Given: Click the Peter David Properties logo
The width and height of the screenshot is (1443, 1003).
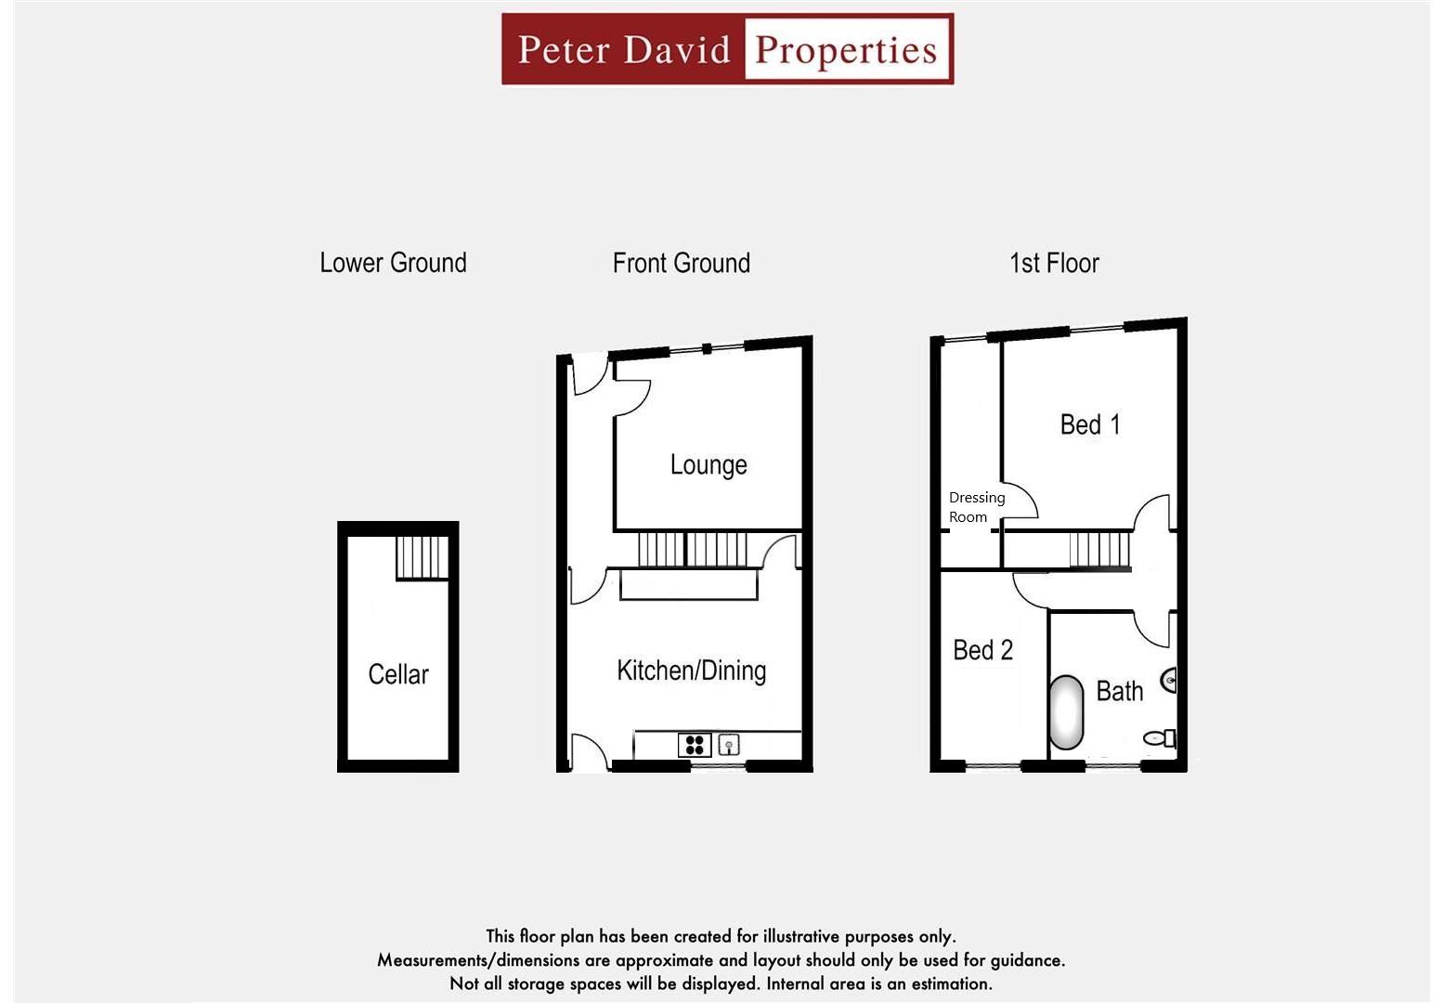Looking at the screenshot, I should pos(727,49).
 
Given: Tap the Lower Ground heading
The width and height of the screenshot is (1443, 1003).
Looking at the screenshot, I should pos(393,263).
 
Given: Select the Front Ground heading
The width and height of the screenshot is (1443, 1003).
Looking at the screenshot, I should pos(681,263).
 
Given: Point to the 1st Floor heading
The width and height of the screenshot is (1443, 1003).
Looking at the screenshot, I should pos(1054,263).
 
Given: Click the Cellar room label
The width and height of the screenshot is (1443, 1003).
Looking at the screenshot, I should pos(398,674).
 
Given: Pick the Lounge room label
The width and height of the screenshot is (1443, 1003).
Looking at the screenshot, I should pos(708,464).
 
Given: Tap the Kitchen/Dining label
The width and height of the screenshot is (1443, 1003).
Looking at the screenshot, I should pos(692,671).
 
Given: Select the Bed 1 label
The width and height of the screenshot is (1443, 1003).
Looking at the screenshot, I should pos(1090,424).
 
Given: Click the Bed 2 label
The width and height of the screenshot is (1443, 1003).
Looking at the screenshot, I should pos(982,650).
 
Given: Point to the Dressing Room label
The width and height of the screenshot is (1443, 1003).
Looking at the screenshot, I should pos(975,507).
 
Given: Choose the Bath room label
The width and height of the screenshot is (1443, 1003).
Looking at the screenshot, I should pos(1119,691).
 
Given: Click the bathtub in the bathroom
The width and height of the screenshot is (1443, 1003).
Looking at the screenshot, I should pos(1067,712).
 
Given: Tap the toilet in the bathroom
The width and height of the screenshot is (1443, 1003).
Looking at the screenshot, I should pos(1160,738).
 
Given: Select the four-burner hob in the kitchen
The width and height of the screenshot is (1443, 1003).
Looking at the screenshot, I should pos(695,744).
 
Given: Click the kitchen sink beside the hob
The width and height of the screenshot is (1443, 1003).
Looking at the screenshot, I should pos(729,744).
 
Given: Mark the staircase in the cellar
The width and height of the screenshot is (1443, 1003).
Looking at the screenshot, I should pos(422,557).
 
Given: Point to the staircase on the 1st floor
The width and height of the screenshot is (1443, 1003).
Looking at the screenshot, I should pos(1100,549).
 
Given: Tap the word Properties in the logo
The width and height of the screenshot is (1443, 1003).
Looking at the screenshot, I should pos(846,50).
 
